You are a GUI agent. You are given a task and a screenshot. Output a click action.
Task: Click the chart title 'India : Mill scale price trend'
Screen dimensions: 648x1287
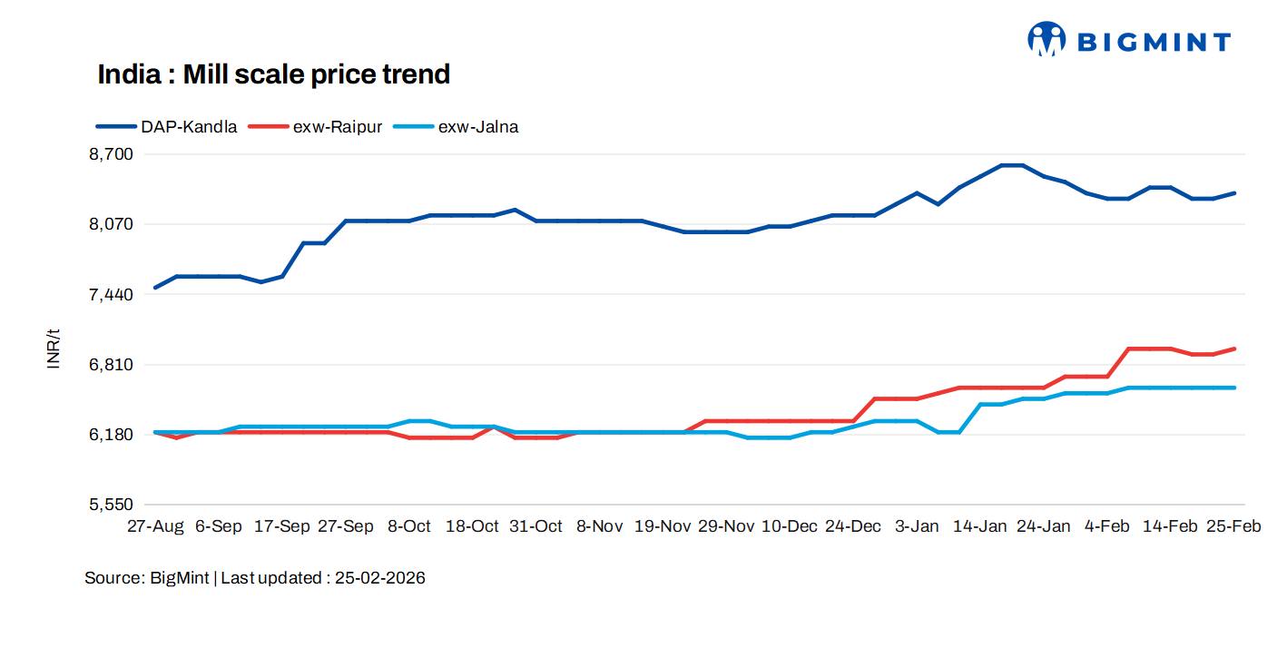(x=273, y=74)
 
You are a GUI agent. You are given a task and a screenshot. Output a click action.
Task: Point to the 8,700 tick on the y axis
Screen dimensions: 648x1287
(x=111, y=154)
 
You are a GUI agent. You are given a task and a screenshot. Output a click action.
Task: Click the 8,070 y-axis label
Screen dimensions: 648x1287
(x=111, y=224)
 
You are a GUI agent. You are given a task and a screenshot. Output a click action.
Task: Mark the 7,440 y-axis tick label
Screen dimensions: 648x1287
(x=111, y=294)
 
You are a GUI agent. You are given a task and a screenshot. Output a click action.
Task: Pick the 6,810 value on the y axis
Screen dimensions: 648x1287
(x=111, y=365)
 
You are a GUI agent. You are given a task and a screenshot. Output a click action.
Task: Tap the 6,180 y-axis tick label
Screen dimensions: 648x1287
(x=111, y=435)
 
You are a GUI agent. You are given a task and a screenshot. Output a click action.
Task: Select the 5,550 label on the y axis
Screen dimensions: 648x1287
(x=111, y=505)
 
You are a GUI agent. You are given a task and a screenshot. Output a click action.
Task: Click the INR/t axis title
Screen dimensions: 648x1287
(x=54, y=348)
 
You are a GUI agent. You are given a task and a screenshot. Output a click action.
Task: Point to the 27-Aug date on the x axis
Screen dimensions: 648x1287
(x=155, y=526)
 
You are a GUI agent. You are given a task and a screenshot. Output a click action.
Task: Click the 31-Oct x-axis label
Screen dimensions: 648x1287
(x=535, y=526)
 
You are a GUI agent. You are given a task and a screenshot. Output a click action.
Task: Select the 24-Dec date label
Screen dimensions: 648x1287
(x=852, y=526)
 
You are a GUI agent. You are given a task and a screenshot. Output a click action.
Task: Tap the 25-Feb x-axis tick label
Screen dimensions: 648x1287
(x=1233, y=526)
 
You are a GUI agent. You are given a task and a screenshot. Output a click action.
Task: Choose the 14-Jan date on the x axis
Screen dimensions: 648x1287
(x=979, y=526)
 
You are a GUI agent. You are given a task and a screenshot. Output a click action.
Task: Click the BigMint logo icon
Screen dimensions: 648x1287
(x=1046, y=40)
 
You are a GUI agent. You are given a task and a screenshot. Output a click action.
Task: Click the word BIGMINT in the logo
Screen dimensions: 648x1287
(x=1154, y=42)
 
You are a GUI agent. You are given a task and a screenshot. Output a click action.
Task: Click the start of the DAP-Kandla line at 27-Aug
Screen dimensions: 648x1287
(x=156, y=288)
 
